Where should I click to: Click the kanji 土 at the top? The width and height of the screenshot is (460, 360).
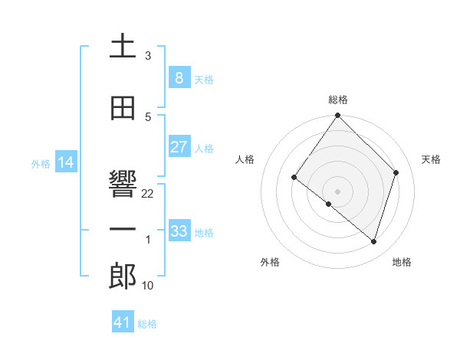[123, 46]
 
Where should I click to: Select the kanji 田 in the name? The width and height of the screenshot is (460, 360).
[123, 108]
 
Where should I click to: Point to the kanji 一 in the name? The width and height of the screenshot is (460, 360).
[123, 229]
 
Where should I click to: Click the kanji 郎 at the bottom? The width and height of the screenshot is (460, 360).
[123, 277]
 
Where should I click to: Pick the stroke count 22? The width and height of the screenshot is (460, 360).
[148, 194]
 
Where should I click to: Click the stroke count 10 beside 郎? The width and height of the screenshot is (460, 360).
[148, 286]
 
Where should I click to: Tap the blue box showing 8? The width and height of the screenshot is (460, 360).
[179, 77]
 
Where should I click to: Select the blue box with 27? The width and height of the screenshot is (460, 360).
[179, 147]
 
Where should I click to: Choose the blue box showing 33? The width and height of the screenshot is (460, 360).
[179, 231]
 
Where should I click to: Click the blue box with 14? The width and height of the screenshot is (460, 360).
[65, 162]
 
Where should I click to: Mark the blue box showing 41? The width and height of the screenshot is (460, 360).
[123, 322]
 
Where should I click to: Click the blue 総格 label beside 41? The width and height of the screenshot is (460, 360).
[147, 324]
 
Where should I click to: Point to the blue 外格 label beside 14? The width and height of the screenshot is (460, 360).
[41, 164]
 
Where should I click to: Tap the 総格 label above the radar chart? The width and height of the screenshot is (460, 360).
[337, 100]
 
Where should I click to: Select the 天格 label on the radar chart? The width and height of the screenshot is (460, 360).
[431, 159]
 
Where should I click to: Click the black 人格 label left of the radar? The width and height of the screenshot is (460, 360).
[245, 159]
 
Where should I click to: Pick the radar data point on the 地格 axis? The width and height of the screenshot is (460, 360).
[373, 241]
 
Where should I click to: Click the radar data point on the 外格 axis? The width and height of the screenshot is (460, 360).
[329, 204]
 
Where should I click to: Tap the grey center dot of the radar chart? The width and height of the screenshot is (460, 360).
[337, 191]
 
